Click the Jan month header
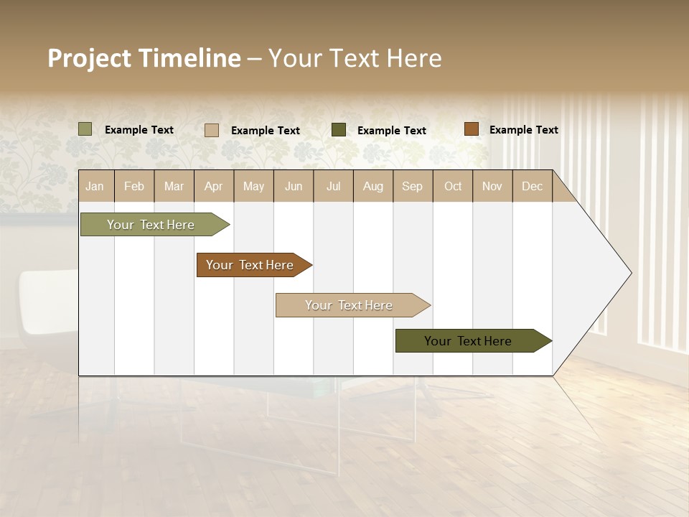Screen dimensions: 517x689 click(95, 186)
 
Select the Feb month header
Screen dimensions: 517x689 click(134, 186)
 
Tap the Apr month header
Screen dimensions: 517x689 click(214, 186)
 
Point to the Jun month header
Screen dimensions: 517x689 click(294, 186)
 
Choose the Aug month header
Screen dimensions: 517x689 click(373, 186)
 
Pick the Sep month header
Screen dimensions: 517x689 click(413, 186)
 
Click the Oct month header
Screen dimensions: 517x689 click(453, 186)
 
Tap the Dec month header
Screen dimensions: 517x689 click(533, 186)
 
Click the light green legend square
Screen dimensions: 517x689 click(85, 129)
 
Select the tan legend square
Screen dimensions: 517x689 click(212, 130)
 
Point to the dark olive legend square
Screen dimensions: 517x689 click(339, 130)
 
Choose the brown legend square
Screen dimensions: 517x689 click(472, 129)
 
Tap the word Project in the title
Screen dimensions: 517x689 click(89, 59)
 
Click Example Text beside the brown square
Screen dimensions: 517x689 click(524, 130)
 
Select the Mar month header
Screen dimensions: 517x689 click(174, 186)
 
